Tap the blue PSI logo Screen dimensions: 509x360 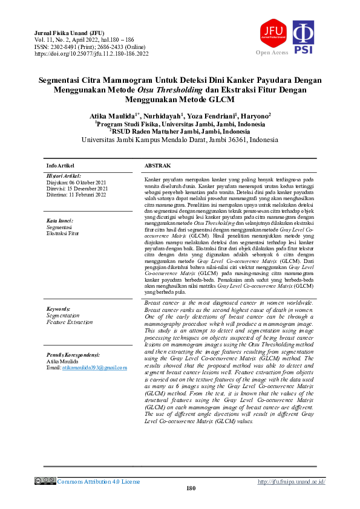[303, 36]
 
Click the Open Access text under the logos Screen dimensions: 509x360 [272, 53]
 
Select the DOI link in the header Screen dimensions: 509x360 [91, 53]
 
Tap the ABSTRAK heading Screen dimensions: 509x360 [157, 165]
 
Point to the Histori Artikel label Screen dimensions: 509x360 [64, 175]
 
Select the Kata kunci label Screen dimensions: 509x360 [60, 221]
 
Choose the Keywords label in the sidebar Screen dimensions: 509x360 [59, 308]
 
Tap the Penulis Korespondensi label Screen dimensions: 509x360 [73, 354]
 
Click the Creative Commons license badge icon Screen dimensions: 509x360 [45, 481]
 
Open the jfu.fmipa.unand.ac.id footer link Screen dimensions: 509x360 [291, 481]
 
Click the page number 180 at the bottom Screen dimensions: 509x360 [191, 488]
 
